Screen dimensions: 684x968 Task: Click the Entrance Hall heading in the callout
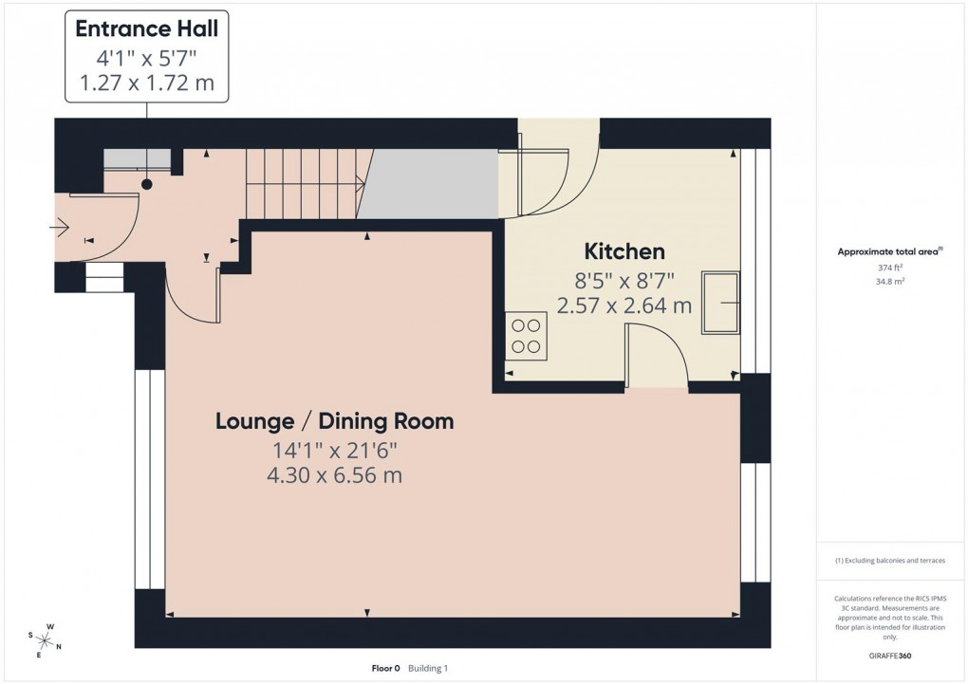pyautogui.click(x=146, y=28)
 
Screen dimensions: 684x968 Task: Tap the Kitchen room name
pyautogui.click(x=624, y=251)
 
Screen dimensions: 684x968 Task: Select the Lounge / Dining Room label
pyautogui.click(x=334, y=420)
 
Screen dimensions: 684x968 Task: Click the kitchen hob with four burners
pyautogui.click(x=527, y=336)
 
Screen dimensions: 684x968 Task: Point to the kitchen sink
pyautogui.click(x=720, y=302)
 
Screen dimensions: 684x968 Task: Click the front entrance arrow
pyautogui.click(x=59, y=226)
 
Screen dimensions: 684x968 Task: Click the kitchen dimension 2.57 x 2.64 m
pyautogui.click(x=624, y=305)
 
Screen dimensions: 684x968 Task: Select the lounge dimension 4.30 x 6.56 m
pyautogui.click(x=334, y=475)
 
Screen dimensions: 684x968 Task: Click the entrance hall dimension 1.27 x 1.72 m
pyautogui.click(x=146, y=83)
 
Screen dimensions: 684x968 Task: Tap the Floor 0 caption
pyautogui.click(x=386, y=669)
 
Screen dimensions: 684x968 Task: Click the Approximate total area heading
pyautogui.click(x=888, y=251)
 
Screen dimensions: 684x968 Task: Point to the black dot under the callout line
pyautogui.click(x=147, y=184)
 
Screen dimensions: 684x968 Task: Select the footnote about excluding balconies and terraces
pyautogui.click(x=890, y=561)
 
